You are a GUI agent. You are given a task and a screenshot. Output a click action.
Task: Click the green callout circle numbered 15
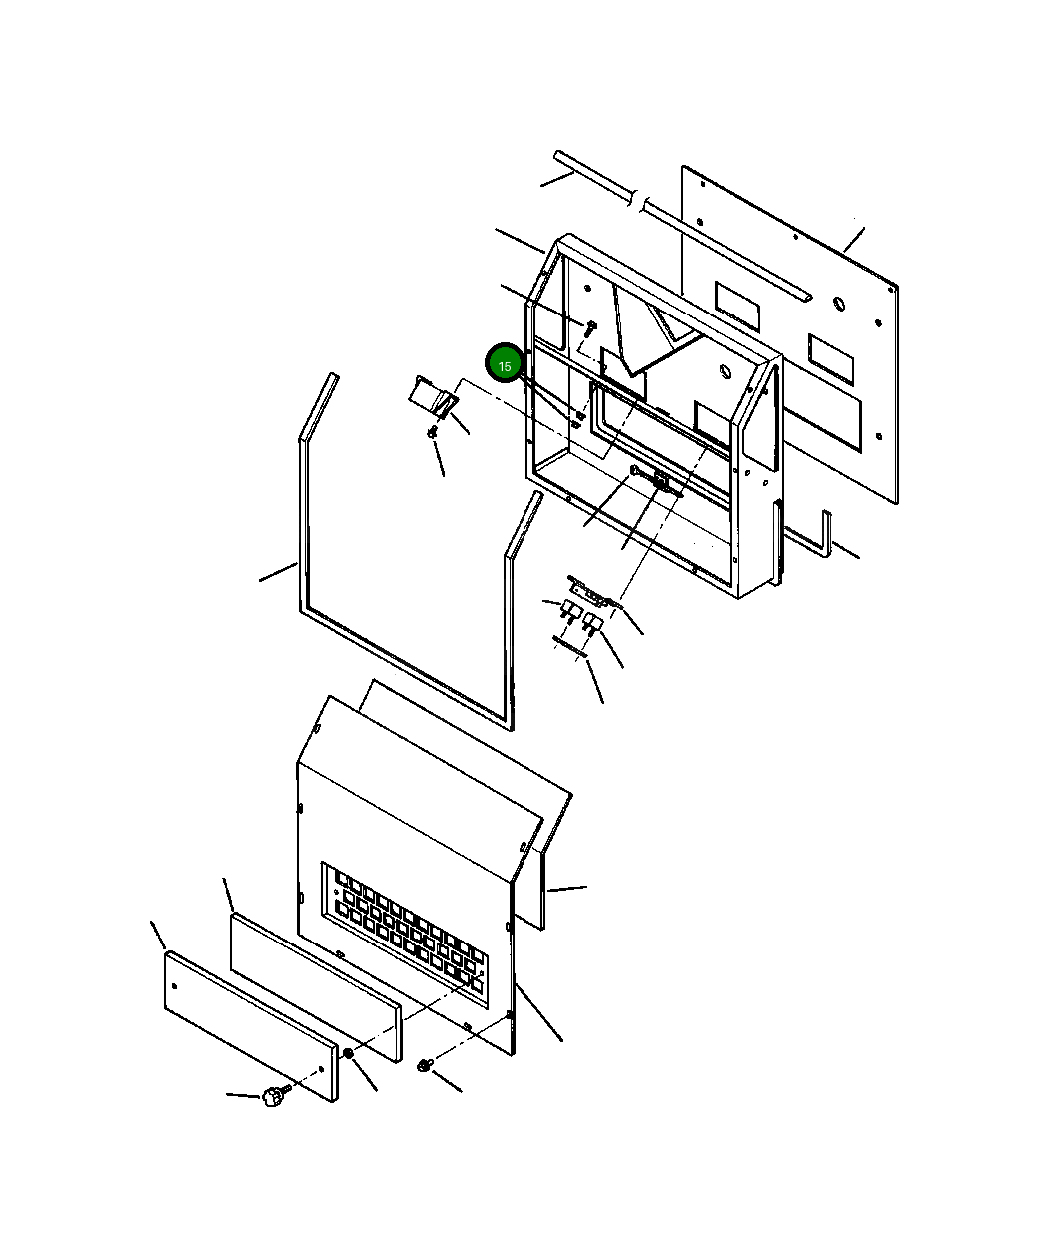[x=505, y=365]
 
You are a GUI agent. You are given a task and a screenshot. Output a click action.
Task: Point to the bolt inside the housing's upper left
[x=590, y=326]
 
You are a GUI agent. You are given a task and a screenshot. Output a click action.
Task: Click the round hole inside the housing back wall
[x=726, y=372]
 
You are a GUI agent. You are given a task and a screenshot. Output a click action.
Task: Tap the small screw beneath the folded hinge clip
[x=432, y=432]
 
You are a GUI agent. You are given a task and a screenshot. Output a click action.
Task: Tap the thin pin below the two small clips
[x=571, y=647]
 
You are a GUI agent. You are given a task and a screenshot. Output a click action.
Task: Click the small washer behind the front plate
[x=348, y=1054]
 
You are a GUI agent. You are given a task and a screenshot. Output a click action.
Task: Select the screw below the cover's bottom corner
[x=425, y=1067]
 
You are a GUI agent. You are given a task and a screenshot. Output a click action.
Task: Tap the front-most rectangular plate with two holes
[x=250, y=1025]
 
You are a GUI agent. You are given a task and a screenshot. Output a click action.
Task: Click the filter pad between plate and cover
[x=315, y=984]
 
